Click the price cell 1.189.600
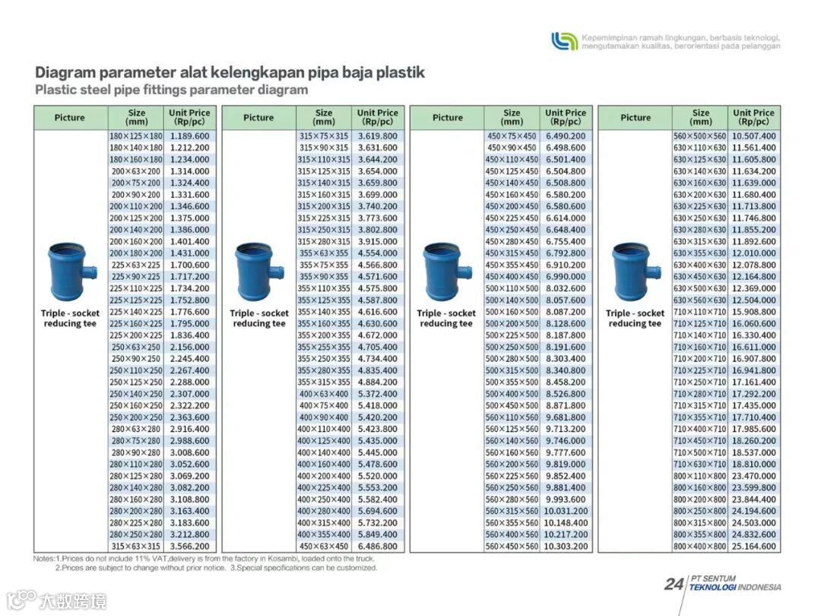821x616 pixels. [189, 136]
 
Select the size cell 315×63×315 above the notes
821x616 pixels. [136, 546]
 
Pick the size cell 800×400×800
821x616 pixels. [700, 546]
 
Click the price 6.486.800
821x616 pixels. [377, 546]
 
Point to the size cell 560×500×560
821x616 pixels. [700, 136]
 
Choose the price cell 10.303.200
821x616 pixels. [566, 546]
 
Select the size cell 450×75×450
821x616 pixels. [512, 136]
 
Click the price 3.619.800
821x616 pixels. [377, 136]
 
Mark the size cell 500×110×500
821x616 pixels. [512, 288]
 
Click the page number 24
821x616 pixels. [673, 584]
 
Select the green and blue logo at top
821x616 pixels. [564, 40]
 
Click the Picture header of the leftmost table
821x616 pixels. [70, 118]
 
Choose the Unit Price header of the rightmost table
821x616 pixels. [753, 117]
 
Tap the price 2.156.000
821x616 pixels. [189, 347]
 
